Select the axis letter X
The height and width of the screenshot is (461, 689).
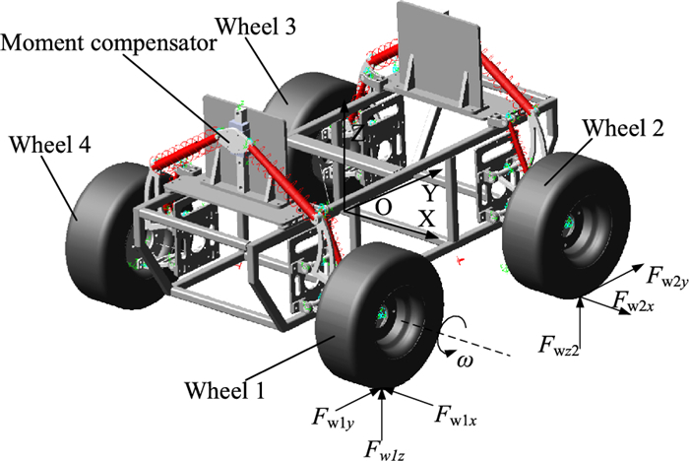[426, 220]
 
